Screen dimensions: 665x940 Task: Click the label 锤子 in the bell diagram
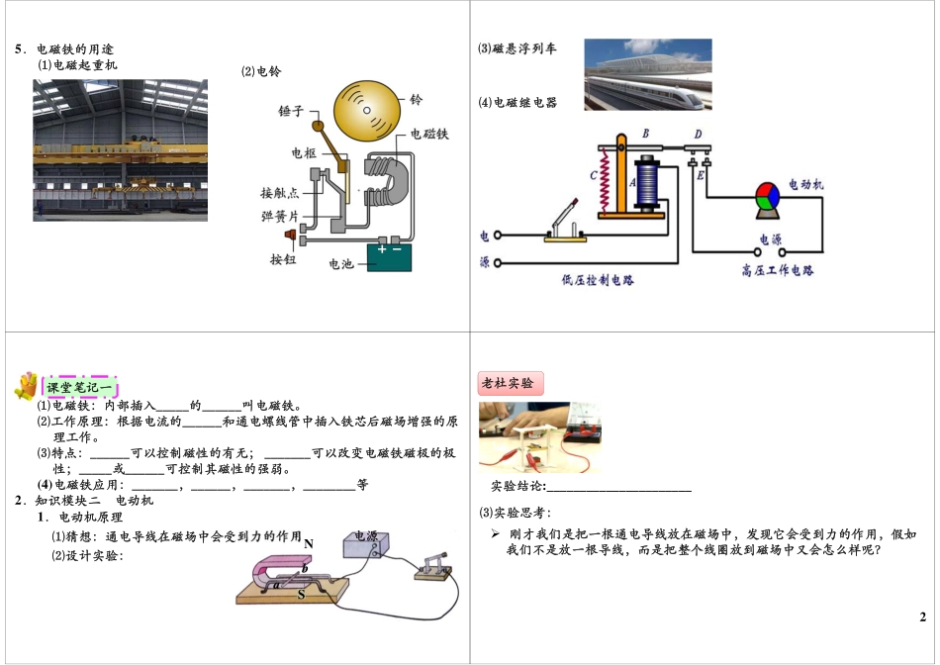point(293,113)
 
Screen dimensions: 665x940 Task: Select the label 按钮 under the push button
point(283,259)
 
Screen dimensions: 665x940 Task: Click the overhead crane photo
point(120,149)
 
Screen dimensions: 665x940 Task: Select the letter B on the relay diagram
point(645,133)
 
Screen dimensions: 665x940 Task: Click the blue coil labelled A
point(649,183)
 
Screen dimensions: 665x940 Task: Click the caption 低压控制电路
point(597,280)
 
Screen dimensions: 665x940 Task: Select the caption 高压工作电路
point(777,270)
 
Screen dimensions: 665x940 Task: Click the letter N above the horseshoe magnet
point(309,543)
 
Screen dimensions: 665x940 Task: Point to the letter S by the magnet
point(301,596)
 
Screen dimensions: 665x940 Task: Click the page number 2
point(922,617)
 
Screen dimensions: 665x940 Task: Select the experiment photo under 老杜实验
point(538,436)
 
